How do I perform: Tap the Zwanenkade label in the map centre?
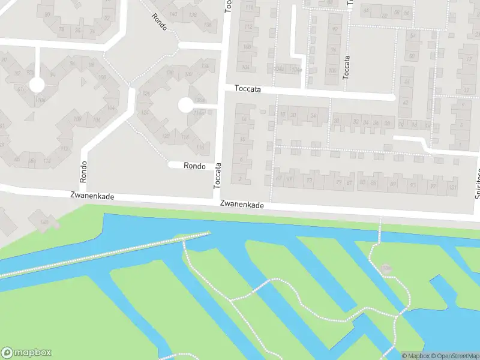tap(242, 205)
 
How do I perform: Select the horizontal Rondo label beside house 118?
tap(195, 166)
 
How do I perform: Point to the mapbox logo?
tap(26, 353)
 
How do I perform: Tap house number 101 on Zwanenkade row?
tap(452, 187)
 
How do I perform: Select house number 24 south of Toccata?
tap(313, 115)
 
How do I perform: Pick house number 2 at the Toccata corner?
tap(240, 178)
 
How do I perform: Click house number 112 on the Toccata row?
tap(247, 27)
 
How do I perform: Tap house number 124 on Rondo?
tap(145, 112)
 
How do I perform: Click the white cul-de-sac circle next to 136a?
tap(185, 106)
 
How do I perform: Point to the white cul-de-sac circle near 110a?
tap(37, 85)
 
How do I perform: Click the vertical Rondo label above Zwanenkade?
tap(83, 172)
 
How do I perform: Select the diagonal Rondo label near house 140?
tap(159, 23)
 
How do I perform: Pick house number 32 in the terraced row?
tap(356, 122)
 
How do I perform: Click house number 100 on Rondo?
tap(77, 119)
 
